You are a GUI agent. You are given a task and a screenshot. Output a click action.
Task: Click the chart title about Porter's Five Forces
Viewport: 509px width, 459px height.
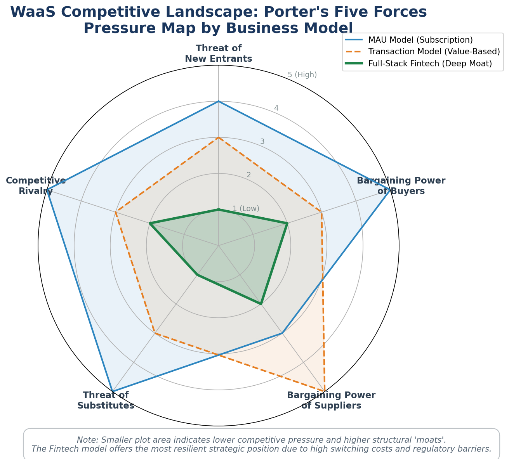click(219, 20)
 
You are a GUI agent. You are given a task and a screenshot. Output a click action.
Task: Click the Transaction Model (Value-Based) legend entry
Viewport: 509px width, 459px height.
click(422, 52)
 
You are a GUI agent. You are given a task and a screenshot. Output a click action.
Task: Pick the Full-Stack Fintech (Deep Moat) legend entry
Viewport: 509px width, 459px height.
click(419, 63)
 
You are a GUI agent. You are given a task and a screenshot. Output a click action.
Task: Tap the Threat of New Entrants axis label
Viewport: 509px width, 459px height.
click(219, 53)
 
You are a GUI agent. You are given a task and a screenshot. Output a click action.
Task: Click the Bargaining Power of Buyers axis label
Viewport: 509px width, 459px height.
click(401, 185)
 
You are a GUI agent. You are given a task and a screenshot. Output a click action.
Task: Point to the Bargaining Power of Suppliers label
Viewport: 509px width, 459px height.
click(331, 400)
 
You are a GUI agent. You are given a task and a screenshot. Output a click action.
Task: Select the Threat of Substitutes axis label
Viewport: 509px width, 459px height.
click(106, 400)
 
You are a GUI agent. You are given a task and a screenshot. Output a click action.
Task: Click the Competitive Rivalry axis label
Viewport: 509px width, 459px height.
click(36, 185)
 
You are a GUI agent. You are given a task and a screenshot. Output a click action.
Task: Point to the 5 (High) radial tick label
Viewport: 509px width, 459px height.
click(302, 75)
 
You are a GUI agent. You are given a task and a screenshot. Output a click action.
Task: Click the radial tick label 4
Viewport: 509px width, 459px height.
click(276, 108)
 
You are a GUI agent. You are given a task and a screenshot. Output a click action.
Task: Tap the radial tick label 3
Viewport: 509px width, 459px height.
click(262, 142)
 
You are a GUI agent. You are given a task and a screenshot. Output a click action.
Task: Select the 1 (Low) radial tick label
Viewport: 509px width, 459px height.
click(246, 208)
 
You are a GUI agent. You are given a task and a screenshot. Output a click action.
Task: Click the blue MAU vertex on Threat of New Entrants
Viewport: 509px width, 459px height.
click(219, 101)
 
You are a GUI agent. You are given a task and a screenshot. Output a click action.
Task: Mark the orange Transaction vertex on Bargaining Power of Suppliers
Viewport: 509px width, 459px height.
click(325, 391)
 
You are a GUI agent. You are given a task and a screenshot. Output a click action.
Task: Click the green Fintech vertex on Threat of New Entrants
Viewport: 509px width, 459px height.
click(219, 210)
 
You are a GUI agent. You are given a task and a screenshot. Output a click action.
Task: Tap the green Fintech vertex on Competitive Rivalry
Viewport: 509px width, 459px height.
click(150, 223)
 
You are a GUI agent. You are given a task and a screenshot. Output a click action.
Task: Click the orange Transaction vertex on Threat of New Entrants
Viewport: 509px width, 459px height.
click(219, 137)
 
